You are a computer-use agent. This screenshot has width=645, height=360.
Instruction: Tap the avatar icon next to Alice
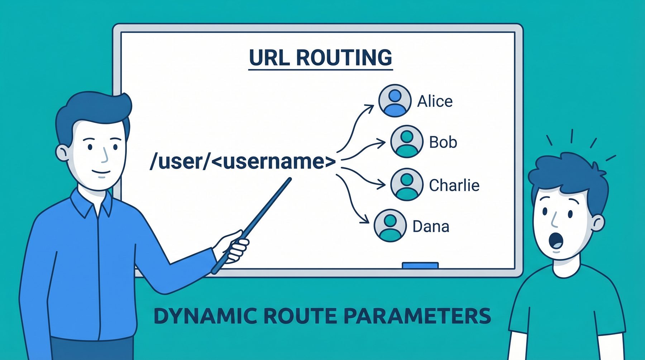coord(395,101)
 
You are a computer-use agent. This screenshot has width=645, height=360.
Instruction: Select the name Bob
coord(443,142)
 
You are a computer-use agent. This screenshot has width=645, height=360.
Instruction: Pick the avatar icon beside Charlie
coord(407,184)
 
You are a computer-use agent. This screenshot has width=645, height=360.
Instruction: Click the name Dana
coord(431,226)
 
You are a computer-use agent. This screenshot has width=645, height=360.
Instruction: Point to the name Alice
coord(435,101)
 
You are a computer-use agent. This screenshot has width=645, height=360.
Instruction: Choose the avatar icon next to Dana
coord(390,226)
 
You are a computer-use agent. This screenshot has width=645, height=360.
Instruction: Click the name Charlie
coord(454,185)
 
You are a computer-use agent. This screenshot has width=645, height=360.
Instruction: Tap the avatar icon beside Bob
coord(407,141)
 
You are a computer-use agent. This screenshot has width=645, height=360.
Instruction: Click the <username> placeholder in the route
coord(273,162)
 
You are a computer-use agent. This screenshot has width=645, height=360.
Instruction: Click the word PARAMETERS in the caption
coord(417,316)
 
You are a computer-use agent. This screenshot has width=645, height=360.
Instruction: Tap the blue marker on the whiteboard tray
coord(420,265)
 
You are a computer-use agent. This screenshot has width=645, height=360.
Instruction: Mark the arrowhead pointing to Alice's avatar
coord(369,107)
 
